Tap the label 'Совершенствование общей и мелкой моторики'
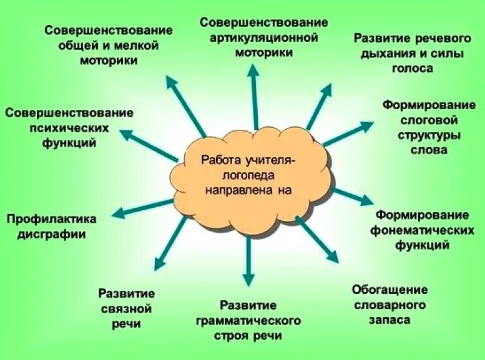pyautogui.click(x=109, y=46)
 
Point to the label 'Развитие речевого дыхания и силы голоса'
pyautogui.click(x=409, y=53)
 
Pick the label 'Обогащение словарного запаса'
pyautogui.click(x=389, y=304)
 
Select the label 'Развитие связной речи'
pyautogui.click(x=127, y=308)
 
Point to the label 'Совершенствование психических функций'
pyautogui.click(x=69, y=127)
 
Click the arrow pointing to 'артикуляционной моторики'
pyautogui.click(x=253, y=94)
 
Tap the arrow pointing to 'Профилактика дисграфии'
pyautogui.click(x=141, y=208)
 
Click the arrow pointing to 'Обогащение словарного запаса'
pyautogui.click(x=318, y=241)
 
